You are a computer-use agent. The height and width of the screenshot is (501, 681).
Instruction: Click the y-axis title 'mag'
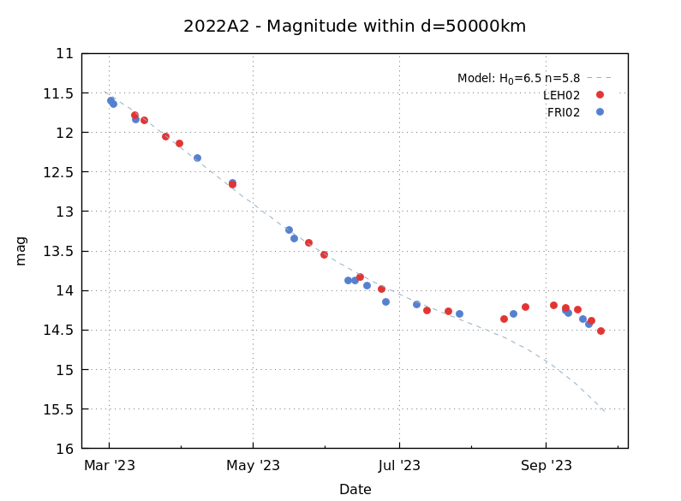21,250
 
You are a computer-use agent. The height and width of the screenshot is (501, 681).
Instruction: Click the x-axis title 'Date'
355,490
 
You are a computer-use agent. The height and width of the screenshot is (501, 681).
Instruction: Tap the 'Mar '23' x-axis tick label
109,466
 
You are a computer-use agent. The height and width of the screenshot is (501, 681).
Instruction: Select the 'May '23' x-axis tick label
254,466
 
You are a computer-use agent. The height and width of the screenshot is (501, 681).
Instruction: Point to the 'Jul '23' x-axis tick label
399,466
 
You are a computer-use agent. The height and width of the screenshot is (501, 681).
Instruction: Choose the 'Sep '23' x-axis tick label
546,466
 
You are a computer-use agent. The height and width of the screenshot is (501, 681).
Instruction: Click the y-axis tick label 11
64,53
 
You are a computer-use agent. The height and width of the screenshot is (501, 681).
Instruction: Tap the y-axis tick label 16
64,448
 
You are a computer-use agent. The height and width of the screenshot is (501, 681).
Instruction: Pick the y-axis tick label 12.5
59,172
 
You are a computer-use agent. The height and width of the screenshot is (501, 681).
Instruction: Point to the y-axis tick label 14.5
59,330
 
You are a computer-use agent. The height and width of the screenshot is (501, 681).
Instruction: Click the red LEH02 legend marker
600,95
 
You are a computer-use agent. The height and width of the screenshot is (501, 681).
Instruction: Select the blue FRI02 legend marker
600,111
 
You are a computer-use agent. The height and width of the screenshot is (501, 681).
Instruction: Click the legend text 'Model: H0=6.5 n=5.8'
518,79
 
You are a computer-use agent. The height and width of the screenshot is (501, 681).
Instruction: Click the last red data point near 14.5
600,331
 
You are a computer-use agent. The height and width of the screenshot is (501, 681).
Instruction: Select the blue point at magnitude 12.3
197,158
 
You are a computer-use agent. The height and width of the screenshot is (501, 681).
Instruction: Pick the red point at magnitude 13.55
324,254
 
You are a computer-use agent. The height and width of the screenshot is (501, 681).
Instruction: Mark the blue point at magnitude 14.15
385,301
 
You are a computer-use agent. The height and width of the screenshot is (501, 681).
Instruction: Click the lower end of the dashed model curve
605,411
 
